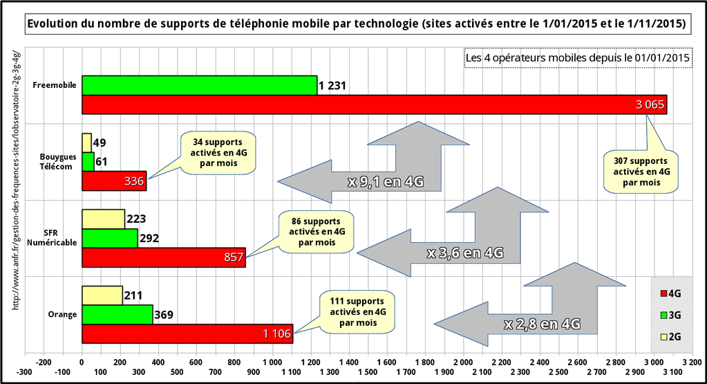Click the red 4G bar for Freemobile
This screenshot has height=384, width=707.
tap(373, 104)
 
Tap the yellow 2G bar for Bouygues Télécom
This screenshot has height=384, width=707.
tap(86, 143)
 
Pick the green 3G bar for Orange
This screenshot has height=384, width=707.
tap(117, 315)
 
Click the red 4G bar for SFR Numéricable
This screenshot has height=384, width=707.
tap(163, 257)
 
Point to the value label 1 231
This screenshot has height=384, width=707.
tap(332, 86)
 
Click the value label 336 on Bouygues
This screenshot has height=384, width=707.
tap(133, 181)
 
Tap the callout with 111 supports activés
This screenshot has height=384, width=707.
tap(357, 311)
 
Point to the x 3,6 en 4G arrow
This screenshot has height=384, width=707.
tap(464, 253)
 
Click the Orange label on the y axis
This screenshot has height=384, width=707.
tap(62, 315)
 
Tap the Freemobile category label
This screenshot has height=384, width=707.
tap(54, 86)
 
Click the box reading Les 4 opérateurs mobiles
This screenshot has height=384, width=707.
tap(578, 58)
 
